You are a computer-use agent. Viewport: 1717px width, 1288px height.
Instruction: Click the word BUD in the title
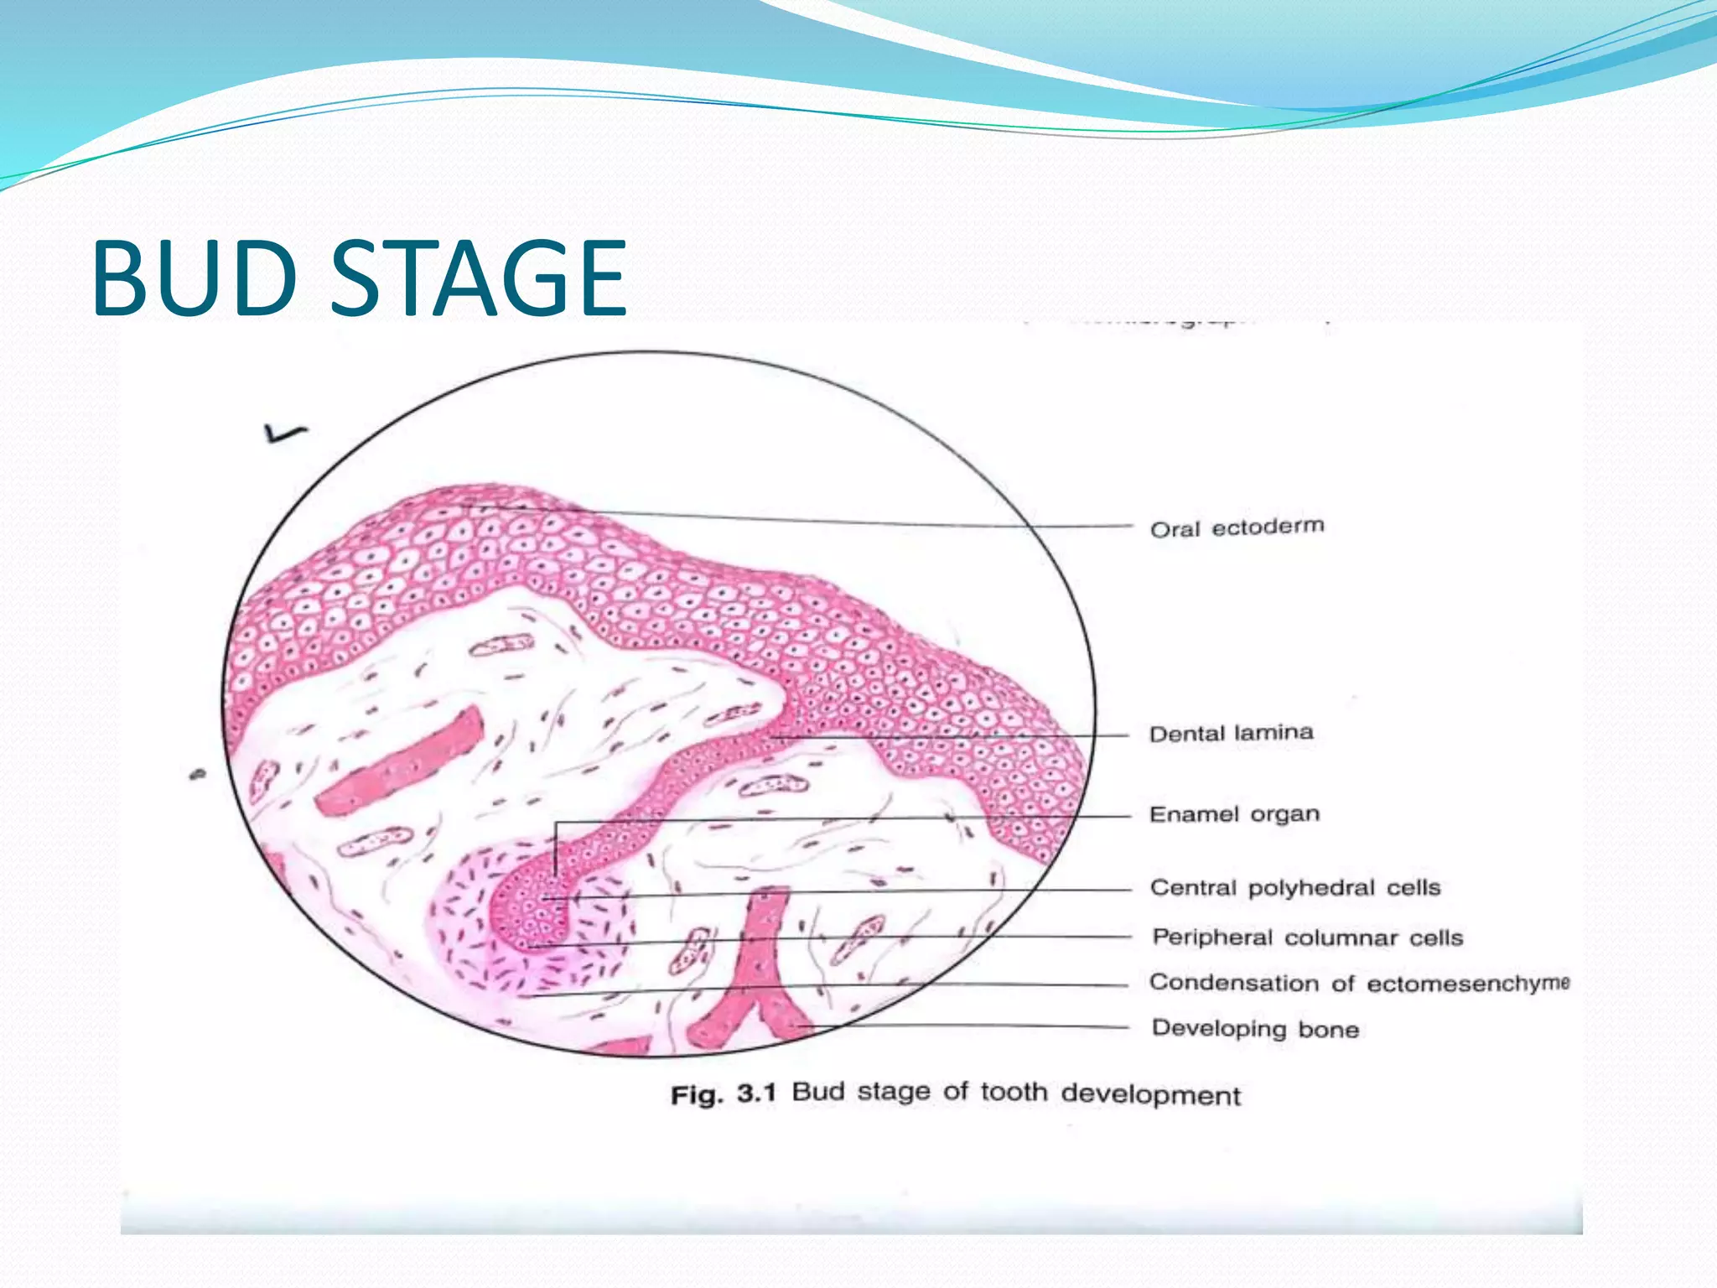(195, 278)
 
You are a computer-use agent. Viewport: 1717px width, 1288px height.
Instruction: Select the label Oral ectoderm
(1237, 528)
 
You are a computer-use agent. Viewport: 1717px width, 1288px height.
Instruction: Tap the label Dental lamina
(1231, 734)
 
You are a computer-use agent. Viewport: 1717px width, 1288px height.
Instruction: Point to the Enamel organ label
(1234, 814)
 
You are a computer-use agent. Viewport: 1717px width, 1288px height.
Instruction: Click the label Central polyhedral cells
(1294, 888)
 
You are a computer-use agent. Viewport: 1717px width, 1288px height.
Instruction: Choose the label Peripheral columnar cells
(1307, 937)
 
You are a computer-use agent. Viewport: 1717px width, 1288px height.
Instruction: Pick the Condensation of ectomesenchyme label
(1358, 983)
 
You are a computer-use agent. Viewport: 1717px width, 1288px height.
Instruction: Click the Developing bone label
(1255, 1029)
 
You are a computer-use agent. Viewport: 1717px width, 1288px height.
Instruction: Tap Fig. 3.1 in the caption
(724, 1094)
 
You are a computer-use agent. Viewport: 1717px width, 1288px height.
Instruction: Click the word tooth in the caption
(1014, 1093)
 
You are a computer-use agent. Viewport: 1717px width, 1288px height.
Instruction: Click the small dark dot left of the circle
(198, 775)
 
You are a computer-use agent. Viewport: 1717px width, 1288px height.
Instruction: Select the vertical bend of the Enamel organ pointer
(555, 847)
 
